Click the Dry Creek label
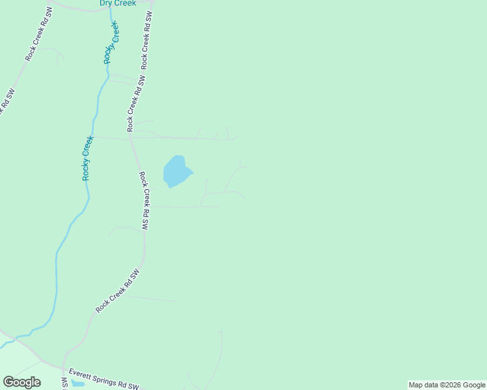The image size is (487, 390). [x=117, y=3]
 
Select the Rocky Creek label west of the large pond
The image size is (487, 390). [x=87, y=158]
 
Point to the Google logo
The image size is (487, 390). [x=21, y=382]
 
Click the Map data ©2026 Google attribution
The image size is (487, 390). [x=447, y=385]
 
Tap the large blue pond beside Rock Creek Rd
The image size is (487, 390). [x=176, y=172]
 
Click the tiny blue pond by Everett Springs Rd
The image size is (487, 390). [x=77, y=384]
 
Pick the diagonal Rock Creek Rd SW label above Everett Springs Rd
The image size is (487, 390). [x=118, y=291]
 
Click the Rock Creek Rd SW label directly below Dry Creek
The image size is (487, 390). [x=146, y=40]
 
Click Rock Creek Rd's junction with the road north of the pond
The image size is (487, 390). [x=131, y=136]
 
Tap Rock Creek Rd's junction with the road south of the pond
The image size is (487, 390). [x=148, y=207]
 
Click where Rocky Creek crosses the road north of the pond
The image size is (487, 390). [x=94, y=136]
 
